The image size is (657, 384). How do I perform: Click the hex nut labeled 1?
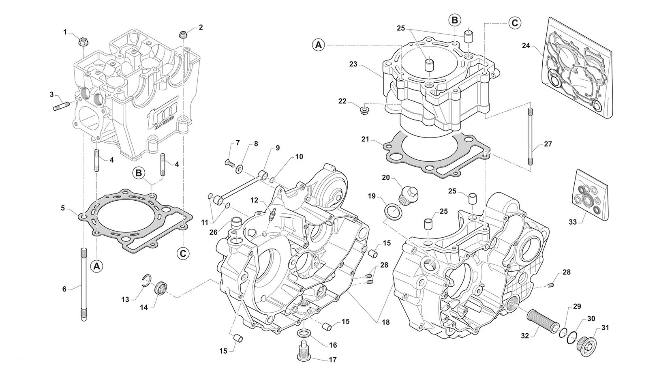[x=82, y=41]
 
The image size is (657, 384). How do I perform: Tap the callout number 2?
[x=201, y=28]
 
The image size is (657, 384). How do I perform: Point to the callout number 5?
[x=63, y=208]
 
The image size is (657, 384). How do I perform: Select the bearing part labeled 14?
[x=161, y=288]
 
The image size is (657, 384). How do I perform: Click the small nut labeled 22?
[x=365, y=109]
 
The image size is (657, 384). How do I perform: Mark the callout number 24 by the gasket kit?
[x=526, y=46]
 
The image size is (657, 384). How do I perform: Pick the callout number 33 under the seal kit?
[x=573, y=222]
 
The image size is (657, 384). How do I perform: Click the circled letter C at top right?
[x=514, y=23]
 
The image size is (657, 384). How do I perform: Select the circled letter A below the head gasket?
[x=96, y=266]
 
